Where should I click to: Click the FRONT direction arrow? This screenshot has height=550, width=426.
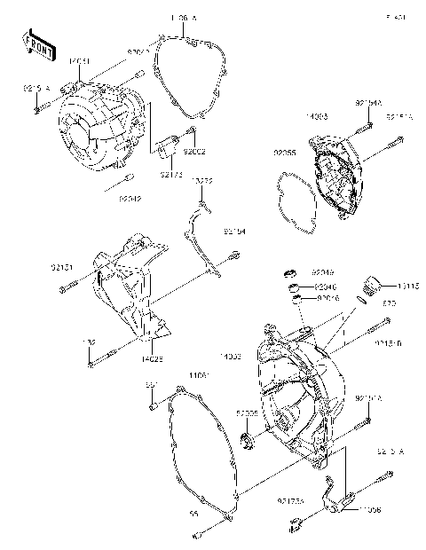click(x=35, y=43)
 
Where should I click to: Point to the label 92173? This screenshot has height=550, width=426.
click(x=172, y=175)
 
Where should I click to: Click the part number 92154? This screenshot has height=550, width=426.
click(x=233, y=232)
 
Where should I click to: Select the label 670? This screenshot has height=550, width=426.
click(x=388, y=303)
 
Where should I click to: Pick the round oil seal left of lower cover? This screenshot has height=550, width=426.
click(x=248, y=441)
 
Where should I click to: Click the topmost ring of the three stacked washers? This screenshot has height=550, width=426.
click(x=289, y=272)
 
